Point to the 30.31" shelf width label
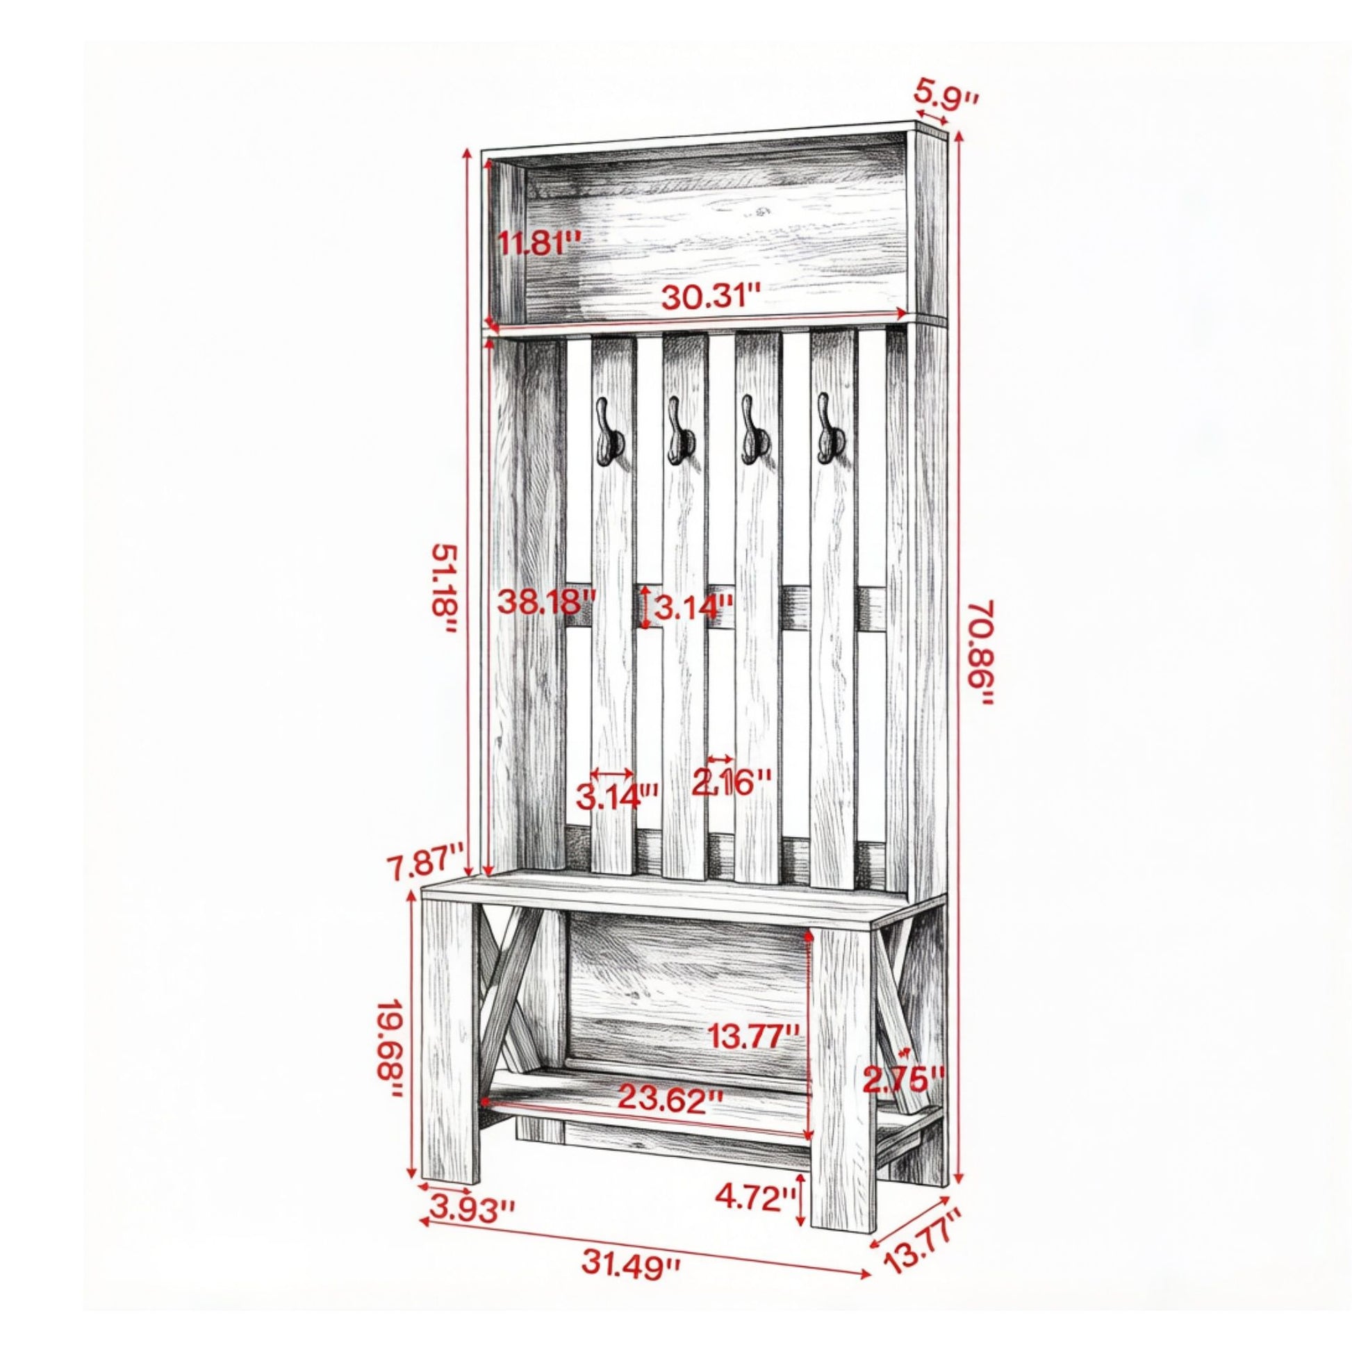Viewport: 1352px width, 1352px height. tap(711, 299)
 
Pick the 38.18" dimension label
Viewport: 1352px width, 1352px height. tap(547, 601)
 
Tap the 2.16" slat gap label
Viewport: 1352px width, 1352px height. tap(732, 782)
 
